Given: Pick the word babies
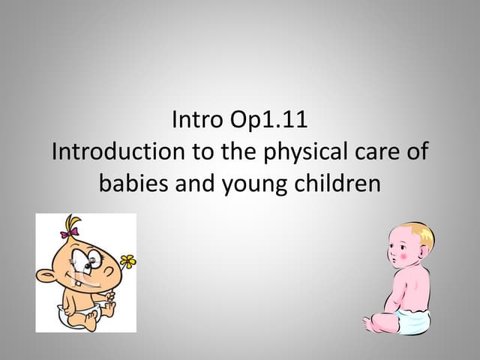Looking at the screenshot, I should pos(134,183).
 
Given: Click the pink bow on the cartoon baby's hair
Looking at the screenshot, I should pos(70,233).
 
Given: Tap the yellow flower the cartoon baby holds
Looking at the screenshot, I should pos(127,261).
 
